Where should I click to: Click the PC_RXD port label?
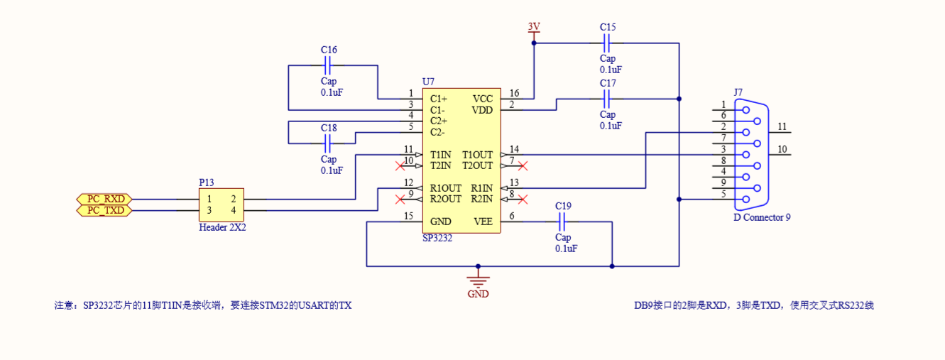(x=104, y=199)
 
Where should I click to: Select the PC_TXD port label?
(x=104, y=210)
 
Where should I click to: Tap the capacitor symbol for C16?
(x=328, y=66)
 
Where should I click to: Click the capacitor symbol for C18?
(x=328, y=143)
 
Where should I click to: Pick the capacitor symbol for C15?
(x=608, y=43)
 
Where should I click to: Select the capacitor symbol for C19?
(x=563, y=222)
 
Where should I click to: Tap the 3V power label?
(x=534, y=27)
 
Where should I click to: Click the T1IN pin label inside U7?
(x=440, y=155)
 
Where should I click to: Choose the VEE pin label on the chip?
(x=483, y=222)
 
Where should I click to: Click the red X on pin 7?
(x=523, y=166)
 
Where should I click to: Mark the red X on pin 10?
(x=400, y=166)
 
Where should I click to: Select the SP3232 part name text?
(x=437, y=239)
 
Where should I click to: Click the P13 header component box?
(x=222, y=204)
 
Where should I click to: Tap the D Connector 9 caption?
(x=761, y=217)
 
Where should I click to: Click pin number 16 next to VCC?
(x=514, y=94)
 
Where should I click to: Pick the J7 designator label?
(x=738, y=92)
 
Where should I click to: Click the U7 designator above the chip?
(x=427, y=82)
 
